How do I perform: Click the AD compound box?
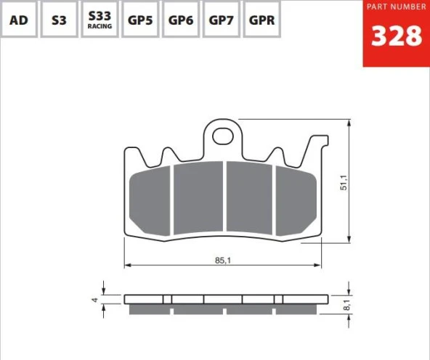pos(18,19)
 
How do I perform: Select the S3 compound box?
pos(59,19)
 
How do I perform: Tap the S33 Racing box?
pos(100,19)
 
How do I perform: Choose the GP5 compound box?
pos(140,19)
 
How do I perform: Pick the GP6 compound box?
pos(181,19)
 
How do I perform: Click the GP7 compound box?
pos(221,19)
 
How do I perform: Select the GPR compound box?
pos(261,19)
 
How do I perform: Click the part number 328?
pos(397,36)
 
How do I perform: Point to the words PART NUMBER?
pos(397,7)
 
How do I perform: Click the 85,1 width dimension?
pos(223,261)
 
